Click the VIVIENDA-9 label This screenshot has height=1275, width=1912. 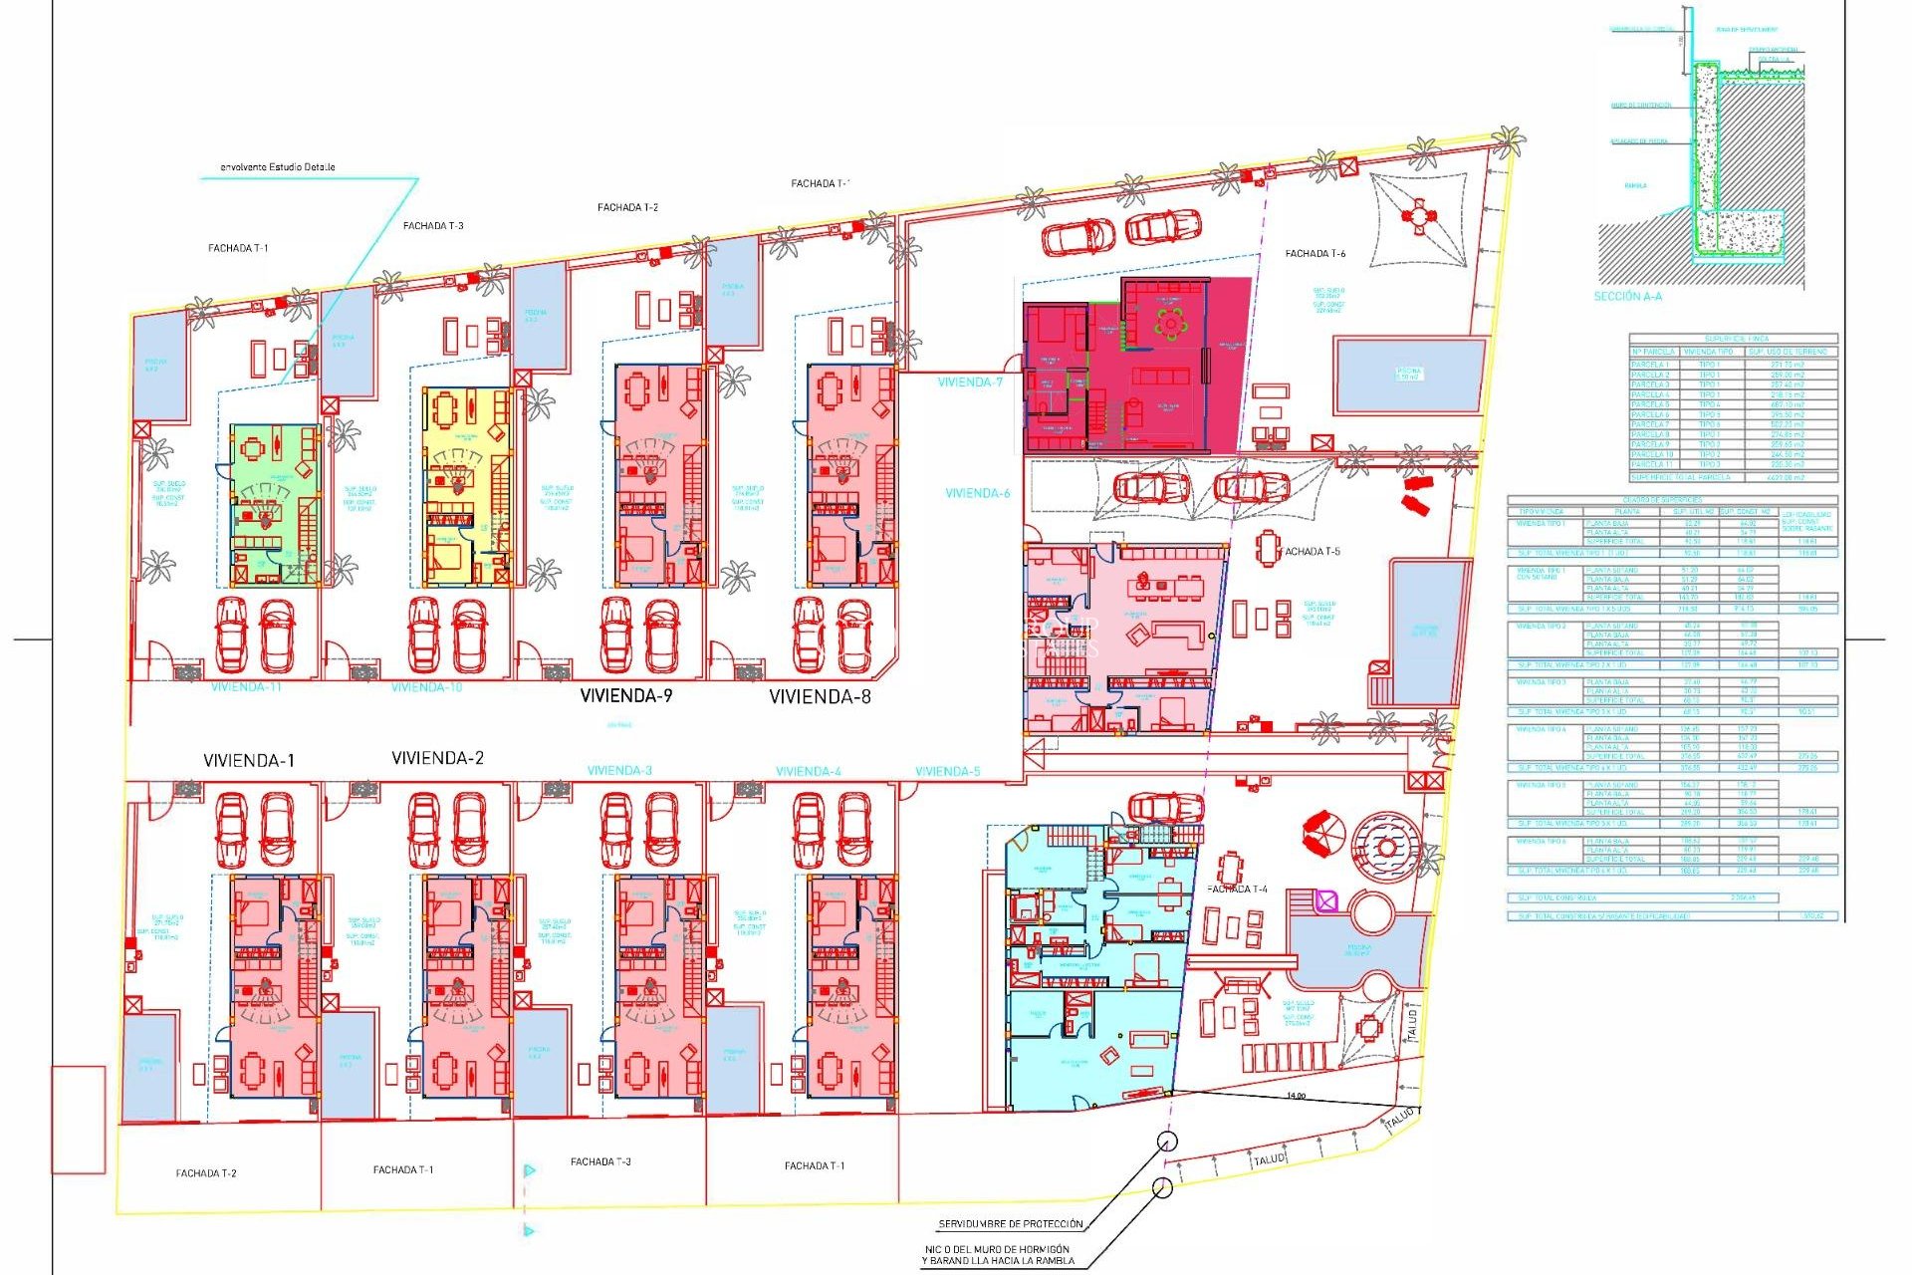click(626, 696)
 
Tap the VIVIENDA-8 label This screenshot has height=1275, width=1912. click(820, 697)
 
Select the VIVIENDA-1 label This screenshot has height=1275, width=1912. click(249, 761)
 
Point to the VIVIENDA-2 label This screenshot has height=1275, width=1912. click(438, 758)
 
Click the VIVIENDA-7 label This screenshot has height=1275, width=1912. click(970, 382)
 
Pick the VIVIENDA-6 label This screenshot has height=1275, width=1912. click(977, 493)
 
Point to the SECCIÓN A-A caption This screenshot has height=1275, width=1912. click(1627, 297)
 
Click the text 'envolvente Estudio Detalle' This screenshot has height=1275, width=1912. click(278, 167)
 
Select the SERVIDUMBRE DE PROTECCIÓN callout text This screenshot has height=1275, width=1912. click(1010, 1224)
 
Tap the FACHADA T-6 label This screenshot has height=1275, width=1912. click(1314, 254)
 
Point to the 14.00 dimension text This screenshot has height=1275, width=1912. click(1295, 1097)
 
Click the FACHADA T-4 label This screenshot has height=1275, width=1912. click(1237, 890)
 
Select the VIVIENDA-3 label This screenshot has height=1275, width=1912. click(619, 771)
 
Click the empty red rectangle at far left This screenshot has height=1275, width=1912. click(79, 1120)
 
